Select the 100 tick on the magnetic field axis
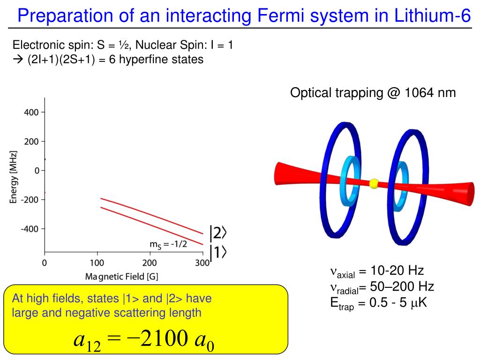coord(97,263)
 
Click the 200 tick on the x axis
coord(150,263)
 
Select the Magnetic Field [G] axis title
coord(121,277)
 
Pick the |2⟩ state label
coord(218,233)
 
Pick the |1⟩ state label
coord(218,253)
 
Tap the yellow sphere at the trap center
coord(374,183)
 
